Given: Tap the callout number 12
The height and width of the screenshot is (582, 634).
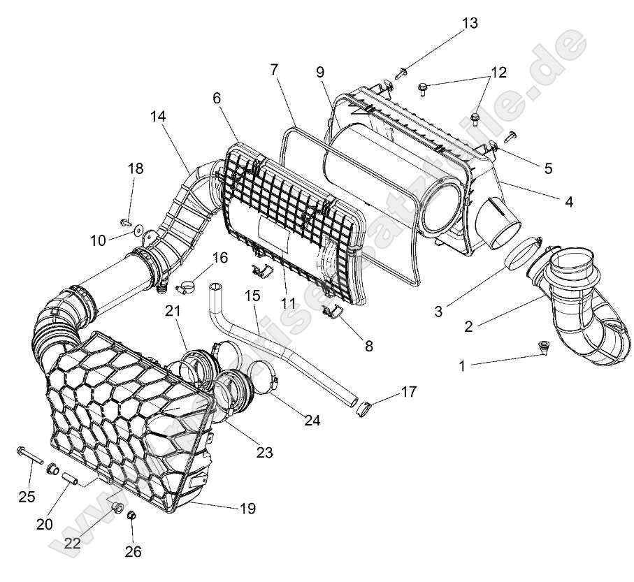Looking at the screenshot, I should [x=498, y=72].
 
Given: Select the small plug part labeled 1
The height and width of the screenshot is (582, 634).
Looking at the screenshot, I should [x=543, y=347].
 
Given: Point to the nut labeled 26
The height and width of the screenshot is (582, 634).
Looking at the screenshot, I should [x=130, y=516].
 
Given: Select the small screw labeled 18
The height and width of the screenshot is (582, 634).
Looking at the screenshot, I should [x=126, y=221].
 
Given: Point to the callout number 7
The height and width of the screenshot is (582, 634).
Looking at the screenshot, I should [x=273, y=69].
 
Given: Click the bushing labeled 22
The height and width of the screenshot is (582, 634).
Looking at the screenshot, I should [x=117, y=506].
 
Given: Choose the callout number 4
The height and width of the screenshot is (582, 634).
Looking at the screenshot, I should [x=569, y=202].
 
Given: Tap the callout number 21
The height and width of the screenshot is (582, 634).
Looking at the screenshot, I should [x=173, y=310].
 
